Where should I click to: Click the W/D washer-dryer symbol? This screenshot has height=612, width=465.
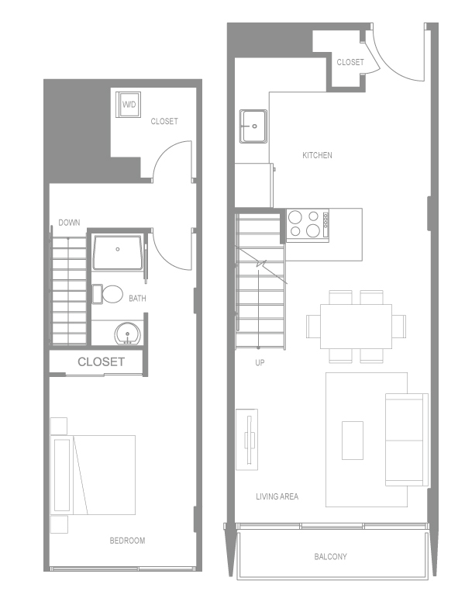(x=129, y=104)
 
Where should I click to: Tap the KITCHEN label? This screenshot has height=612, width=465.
(x=317, y=155)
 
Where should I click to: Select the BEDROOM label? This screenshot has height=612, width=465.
(x=127, y=541)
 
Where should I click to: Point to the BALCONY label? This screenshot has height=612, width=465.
(x=330, y=557)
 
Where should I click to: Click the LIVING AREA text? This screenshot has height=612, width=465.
(x=277, y=496)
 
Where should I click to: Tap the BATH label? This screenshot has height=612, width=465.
(x=137, y=298)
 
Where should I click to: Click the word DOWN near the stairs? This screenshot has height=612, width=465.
(x=69, y=223)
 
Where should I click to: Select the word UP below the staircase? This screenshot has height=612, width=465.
(x=260, y=362)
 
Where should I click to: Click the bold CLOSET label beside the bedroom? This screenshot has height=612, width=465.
(x=101, y=361)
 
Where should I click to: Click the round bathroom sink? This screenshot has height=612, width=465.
(x=127, y=335)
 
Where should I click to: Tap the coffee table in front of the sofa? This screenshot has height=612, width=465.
(x=353, y=439)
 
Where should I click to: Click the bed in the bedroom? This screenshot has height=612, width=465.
(x=93, y=473)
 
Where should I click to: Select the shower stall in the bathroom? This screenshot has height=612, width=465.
(x=117, y=251)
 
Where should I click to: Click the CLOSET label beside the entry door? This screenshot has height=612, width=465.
(x=350, y=62)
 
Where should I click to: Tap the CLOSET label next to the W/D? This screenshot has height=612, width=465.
(x=164, y=121)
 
